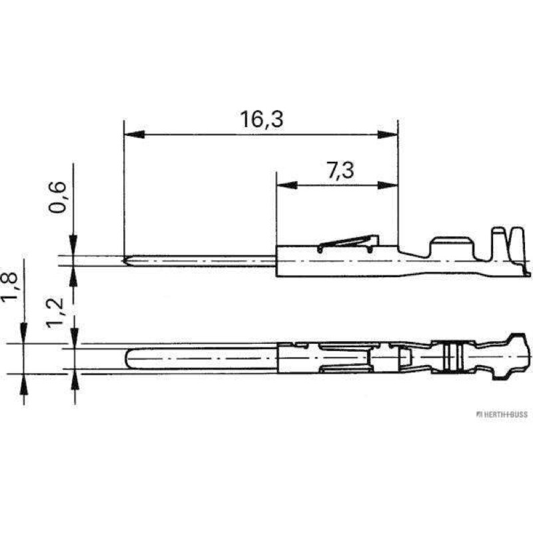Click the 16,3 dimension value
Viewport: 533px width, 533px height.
pyautogui.click(x=261, y=119)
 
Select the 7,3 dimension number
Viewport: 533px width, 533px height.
pyautogui.click(x=340, y=171)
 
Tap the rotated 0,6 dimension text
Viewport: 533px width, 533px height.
pyautogui.click(x=57, y=197)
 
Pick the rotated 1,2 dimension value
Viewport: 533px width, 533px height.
pyautogui.click(x=55, y=312)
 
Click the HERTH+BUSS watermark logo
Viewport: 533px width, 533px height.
pyautogui.click(x=502, y=414)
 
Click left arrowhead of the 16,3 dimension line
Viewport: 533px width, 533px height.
pyautogui.click(x=135, y=135)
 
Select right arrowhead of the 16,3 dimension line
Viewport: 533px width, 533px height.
pyautogui.click(x=388, y=135)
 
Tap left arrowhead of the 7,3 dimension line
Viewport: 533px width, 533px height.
pyautogui.click(x=287, y=185)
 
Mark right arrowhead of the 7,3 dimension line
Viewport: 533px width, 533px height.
pyautogui.click(x=388, y=185)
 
